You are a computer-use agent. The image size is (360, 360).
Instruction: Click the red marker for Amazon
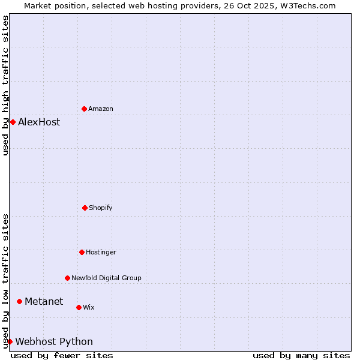click(x=85, y=109)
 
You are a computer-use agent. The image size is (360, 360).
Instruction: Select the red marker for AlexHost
click(x=13, y=122)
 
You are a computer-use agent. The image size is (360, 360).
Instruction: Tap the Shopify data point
click(x=85, y=208)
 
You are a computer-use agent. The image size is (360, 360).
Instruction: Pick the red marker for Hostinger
click(x=82, y=252)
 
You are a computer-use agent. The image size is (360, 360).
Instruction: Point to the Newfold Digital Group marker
click(x=68, y=278)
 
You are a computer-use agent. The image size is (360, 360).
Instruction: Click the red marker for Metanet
click(x=20, y=301)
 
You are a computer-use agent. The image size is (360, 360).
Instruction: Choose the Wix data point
click(x=79, y=307)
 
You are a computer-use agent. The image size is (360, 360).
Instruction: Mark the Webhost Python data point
click(x=10, y=341)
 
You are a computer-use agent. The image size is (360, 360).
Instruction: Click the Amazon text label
click(x=101, y=109)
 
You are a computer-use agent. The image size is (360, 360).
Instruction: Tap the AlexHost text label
click(x=39, y=122)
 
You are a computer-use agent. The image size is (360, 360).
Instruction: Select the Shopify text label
click(x=101, y=208)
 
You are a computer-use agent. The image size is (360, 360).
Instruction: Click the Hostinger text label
click(x=101, y=252)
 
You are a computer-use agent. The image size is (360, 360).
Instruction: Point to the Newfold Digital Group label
click(x=106, y=278)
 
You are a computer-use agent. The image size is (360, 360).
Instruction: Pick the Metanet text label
click(x=44, y=301)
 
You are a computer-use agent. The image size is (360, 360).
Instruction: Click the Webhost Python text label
click(x=54, y=341)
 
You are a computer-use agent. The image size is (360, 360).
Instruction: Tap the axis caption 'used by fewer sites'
click(x=62, y=355)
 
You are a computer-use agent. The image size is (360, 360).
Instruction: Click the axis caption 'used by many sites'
click(x=301, y=355)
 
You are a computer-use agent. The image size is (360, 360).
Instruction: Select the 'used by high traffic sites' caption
click(x=5, y=85)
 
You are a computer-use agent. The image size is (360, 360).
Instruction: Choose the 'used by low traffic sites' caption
click(x=5, y=281)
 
